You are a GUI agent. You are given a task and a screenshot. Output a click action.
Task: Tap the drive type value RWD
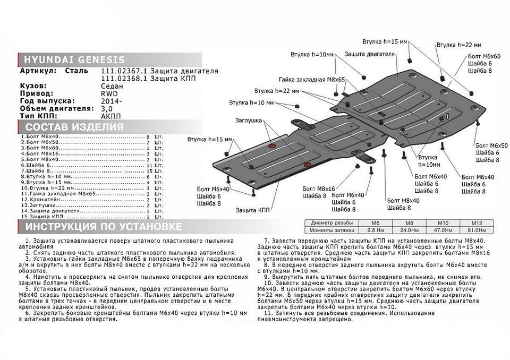coord(108,92)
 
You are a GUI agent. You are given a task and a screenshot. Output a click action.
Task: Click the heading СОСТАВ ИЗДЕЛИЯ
coord(75,127)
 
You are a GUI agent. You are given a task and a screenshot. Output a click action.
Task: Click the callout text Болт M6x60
coord(484,56)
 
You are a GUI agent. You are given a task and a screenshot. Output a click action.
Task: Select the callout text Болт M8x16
coord(319,188)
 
